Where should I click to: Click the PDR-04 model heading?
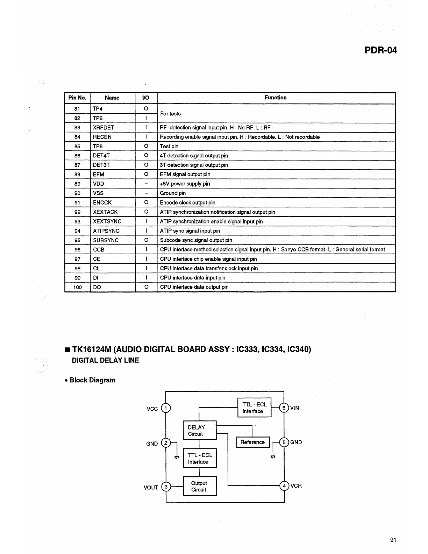(380, 50)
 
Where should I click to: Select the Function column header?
(275, 98)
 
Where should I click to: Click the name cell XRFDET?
(104, 128)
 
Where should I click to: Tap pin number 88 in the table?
(77, 175)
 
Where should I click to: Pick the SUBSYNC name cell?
(106, 240)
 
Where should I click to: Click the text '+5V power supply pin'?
(185, 184)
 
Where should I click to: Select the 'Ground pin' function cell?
(173, 193)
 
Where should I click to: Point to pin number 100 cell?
(77, 287)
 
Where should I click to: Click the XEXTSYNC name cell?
(107, 221)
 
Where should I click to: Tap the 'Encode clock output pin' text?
(187, 203)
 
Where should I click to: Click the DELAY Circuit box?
(200, 431)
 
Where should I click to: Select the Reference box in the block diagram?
(252, 442)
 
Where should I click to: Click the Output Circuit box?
(200, 486)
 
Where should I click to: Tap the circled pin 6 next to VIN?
(284, 408)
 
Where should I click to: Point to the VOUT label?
(151, 488)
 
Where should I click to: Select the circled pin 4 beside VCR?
(284, 486)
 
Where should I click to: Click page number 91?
(393, 540)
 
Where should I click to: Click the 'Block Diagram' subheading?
(92, 380)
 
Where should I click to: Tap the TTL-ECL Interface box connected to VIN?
(254, 408)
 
